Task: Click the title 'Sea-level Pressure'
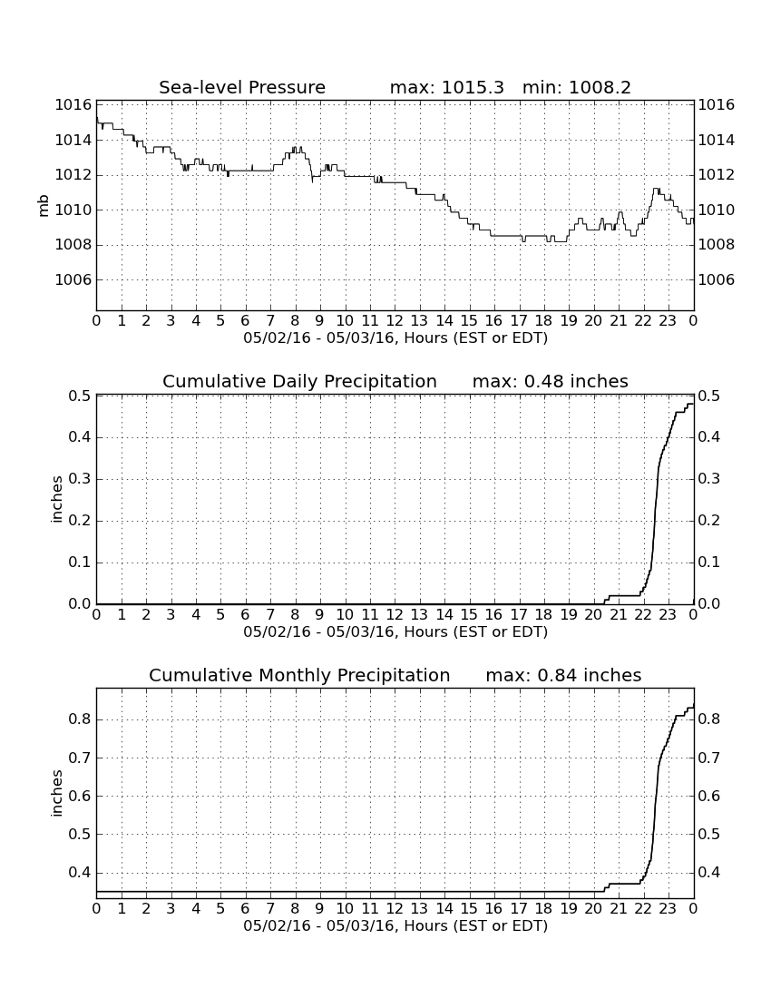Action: click(x=242, y=87)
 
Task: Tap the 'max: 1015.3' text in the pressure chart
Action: click(x=446, y=87)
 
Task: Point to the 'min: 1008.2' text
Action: click(x=577, y=87)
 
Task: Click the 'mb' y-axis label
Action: click(x=44, y=206)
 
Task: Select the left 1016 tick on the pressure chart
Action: click(x=73, y=104)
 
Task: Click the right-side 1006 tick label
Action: click(x=717, y=279)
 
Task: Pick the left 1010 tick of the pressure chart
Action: click(x=73, y=210)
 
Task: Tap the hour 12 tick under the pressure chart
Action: click(x=395, y=320)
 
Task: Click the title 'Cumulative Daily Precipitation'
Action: click(x=299, y=381)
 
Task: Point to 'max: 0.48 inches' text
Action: click(x=551, y=381)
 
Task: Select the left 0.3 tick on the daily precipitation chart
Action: click(x=80, y=479)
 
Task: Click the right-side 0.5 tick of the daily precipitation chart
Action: click(x=709, y=396)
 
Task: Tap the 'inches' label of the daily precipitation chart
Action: click(x=56, y=500)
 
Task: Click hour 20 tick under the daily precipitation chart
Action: click(x=593, y=614)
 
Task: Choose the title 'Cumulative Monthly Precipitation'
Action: click(x=299, y=675)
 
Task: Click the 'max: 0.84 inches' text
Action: click(x=563, y=675)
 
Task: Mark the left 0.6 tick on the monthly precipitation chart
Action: click(x=80, y=796)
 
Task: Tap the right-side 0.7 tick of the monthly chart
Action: click(x=709, y=758)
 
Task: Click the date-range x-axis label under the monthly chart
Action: click(x=395, y=925)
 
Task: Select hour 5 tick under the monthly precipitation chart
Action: click(x=220, y=908)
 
